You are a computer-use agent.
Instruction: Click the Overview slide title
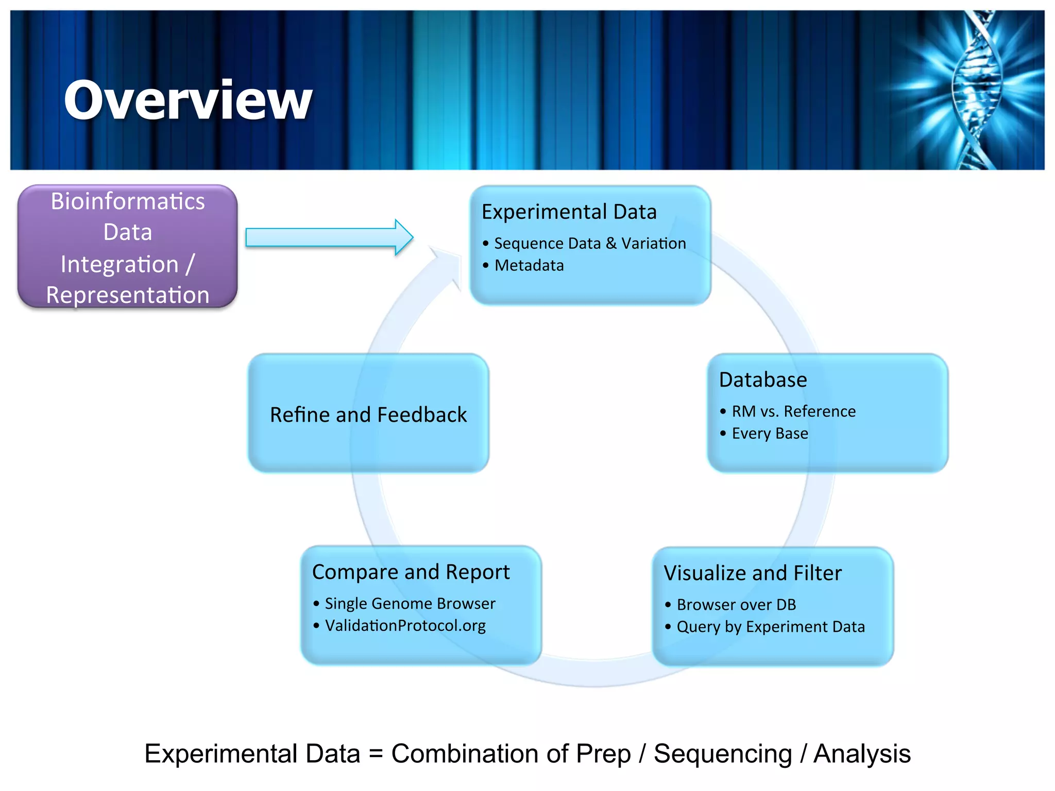(188, 100)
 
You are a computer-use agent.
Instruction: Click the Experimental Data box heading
(569, 212)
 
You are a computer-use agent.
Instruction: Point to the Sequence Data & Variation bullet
(590, 243)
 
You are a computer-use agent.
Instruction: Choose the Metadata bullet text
(529, 266)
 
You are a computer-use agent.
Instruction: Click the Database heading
(763, 380)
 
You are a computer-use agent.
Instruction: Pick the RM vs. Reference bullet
(793, 411)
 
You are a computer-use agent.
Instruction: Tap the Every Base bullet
(770, 434)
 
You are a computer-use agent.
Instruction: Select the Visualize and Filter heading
(753, 573)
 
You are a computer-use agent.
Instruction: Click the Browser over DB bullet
(736, 605)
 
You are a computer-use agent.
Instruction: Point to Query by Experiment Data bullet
(771, 627)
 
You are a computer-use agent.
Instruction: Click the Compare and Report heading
(411, 572)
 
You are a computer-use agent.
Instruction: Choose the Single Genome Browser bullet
(410, 604)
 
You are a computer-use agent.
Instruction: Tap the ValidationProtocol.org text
(405, 626)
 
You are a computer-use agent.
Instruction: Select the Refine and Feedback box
(368, 415)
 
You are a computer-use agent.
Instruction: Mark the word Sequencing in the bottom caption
(723, 754)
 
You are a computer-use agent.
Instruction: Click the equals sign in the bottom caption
(376, 754)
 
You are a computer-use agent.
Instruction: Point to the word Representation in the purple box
(128, 295)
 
